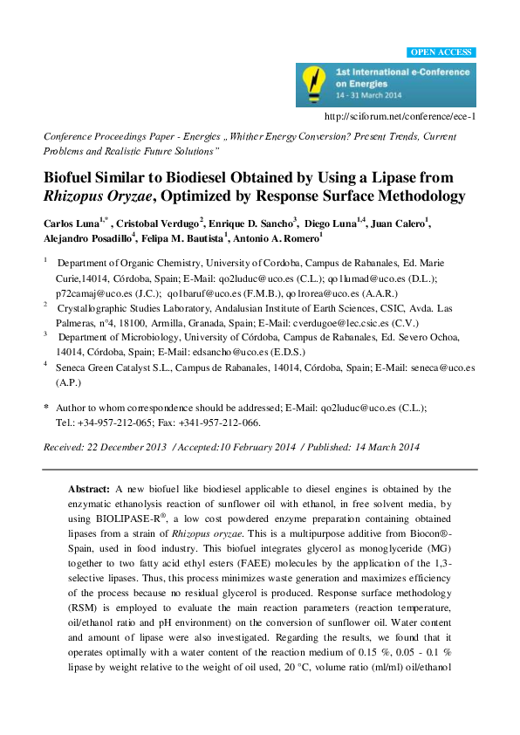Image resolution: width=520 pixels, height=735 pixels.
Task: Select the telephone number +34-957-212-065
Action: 118,422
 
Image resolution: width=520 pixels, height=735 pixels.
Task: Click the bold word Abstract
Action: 90,491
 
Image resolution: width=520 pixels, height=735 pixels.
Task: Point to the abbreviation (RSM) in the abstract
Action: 85,635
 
